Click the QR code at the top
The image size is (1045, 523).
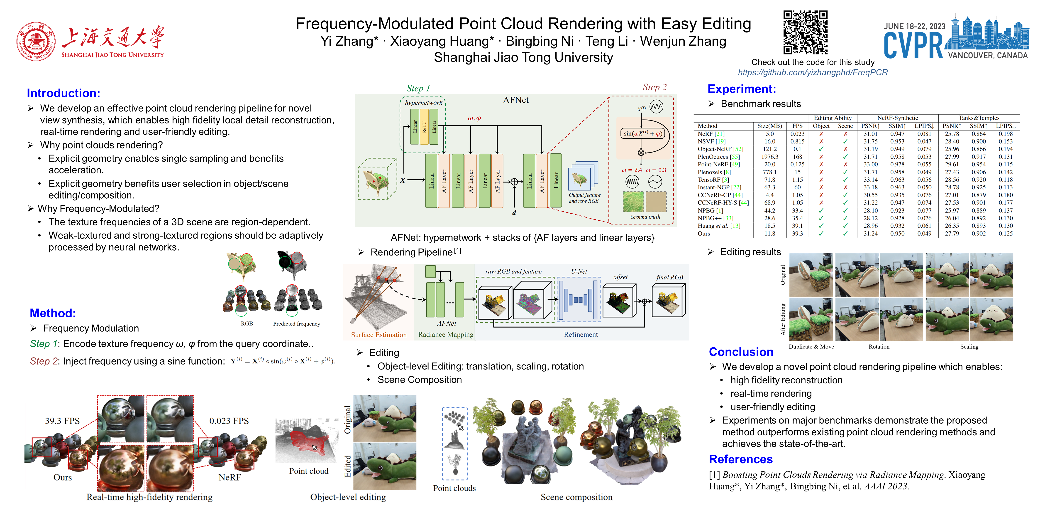click(805, 32)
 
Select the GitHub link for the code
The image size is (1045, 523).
click(813, 72)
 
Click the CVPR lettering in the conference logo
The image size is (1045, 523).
click(913, 45)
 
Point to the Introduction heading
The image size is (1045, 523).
click(63, 93)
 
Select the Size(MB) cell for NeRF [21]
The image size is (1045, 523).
click(769, 134)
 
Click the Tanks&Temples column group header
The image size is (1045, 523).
click(979, 118)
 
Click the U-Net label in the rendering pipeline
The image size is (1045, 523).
click(579, 271)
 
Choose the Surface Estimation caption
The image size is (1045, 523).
click(378, 335)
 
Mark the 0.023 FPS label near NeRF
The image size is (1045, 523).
click(229, 421)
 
